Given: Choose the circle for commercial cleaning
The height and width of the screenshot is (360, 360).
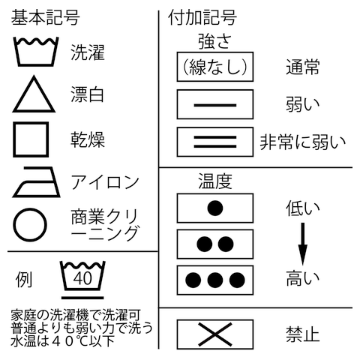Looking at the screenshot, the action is (x=14, y=225).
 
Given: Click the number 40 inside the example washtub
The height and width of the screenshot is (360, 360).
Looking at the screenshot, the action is (x=82, y=278).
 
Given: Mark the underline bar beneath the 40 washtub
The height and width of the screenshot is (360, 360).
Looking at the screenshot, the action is (x=82, y=298).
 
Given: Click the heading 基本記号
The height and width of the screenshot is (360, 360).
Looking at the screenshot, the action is (x=45, y=17).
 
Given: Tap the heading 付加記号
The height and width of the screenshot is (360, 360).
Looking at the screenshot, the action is (x=202, y=17).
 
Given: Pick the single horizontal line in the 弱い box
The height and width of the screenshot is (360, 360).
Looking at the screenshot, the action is (x=215, y=105).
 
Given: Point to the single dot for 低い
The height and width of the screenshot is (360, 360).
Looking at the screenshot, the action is (x=215, y=208).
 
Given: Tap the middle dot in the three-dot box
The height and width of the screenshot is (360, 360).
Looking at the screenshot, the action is (x=215, y=280).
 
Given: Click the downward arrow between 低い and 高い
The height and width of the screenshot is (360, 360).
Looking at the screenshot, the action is (x=302, y=244).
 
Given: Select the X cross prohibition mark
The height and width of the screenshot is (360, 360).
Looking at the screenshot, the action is (x=215, y=334).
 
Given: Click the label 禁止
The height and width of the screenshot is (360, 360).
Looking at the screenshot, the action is (x=303, y=334).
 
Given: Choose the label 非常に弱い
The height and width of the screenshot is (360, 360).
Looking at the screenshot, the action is (x=303, y=142).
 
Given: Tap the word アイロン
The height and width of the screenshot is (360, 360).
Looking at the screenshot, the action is (x=105, y=182).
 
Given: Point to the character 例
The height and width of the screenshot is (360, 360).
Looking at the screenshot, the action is (x=24, y=279).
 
